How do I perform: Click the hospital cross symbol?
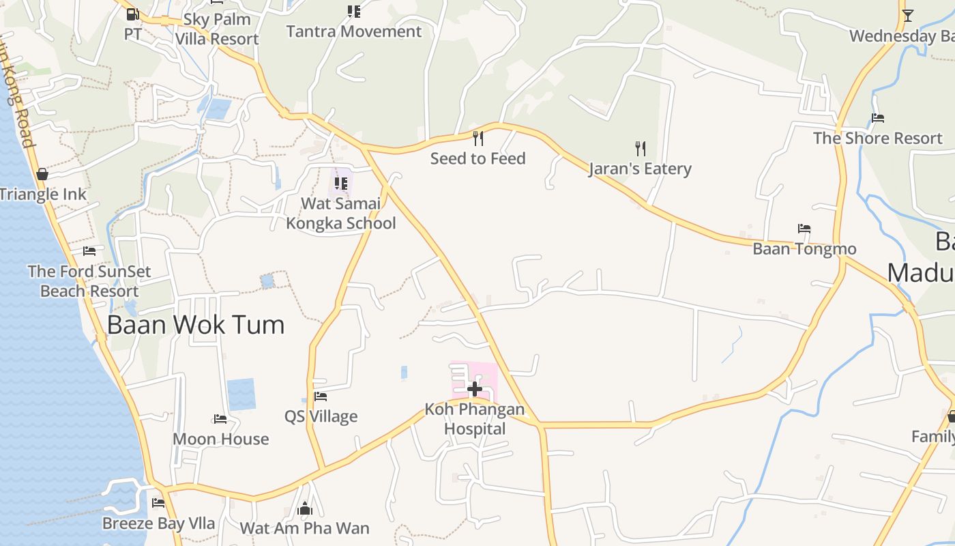[475, 389]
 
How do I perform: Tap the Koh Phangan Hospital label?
[475, 419]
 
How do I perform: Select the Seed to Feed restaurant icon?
[478, 139]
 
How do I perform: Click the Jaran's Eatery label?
[640, 169]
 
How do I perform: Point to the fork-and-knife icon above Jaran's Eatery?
[640, 148]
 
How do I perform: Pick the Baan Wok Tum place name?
[196, 324]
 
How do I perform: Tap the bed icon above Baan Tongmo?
[804, 229]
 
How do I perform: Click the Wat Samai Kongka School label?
[340, 214]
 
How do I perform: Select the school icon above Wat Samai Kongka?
[340, 183]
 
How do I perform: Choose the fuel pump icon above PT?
[133, 14]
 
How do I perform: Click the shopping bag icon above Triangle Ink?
[42, 174]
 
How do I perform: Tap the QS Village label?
[321, 416]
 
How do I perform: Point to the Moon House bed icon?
[220, 418]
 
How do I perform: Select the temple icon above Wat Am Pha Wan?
[305, 508]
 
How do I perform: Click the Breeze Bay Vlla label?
[158, 523]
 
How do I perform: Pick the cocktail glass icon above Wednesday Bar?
[907, 15]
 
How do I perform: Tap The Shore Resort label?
[877, 138]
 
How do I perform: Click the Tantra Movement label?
[353, 31]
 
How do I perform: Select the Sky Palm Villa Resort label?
[217, 29]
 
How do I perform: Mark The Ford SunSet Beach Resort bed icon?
[89, 250]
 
